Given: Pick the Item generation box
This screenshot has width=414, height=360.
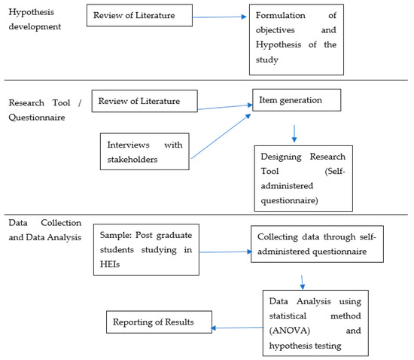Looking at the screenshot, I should pos(296,100).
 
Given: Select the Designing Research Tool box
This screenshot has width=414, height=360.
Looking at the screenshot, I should pos(303,179).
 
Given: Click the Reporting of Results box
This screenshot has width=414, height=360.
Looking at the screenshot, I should pos(157,322).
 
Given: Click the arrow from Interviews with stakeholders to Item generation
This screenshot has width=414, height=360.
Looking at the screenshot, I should pos(221,136).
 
